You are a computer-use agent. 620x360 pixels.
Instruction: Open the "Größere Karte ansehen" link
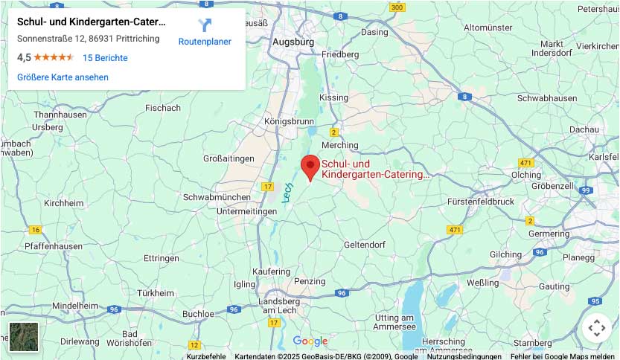pyautogui.click(x=63, y=77)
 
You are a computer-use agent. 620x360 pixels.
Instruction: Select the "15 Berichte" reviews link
pyautogui.click(x=105, y=57)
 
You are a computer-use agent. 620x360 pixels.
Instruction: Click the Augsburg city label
pyautogui.click(x=293, y=42)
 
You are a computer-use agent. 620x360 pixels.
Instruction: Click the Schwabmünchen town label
pyautogui.click(x=217, y=197)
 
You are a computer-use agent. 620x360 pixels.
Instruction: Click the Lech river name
pyautogui.click(x=287, y=193)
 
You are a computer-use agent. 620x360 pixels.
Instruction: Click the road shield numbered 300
pyautogui.click(x=397, y=7)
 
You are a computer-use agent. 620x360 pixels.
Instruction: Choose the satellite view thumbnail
pyautogui.click(x=23, y=337)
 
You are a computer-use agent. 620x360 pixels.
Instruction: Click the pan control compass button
pyautogui.click(x=596, y=328)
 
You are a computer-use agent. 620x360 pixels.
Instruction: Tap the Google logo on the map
pyautogui.click(x=310, y=341)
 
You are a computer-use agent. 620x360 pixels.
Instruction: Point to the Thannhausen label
pyautogui.click(x=60, y=115)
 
